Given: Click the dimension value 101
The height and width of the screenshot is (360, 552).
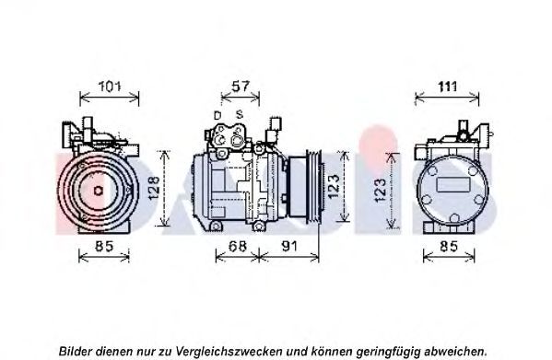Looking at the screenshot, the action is (110, 87).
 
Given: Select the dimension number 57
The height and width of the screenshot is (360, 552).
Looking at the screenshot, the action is (241, 87).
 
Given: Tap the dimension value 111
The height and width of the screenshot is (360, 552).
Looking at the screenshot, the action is (447, 87).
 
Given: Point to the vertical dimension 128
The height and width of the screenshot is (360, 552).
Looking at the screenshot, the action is (154, 188).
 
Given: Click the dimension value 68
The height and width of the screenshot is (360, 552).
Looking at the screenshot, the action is (238, 246).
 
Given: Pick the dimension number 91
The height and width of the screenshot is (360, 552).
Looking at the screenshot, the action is (289, 246).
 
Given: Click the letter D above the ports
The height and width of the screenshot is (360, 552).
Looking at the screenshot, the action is (217, 115).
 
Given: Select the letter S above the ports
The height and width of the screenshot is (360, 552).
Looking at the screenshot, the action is (240, 114).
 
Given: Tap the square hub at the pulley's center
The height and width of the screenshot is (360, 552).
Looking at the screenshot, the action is (99, 191).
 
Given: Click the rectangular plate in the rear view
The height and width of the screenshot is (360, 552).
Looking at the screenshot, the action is (453, 184).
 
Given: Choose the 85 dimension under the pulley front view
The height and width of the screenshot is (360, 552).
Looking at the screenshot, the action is (104, 246).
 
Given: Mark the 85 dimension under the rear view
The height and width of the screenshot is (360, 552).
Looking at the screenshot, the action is (449, 246).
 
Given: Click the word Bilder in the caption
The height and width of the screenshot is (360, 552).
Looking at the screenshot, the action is (76, 351).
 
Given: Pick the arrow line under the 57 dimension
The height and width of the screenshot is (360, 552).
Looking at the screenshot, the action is (241, 98).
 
